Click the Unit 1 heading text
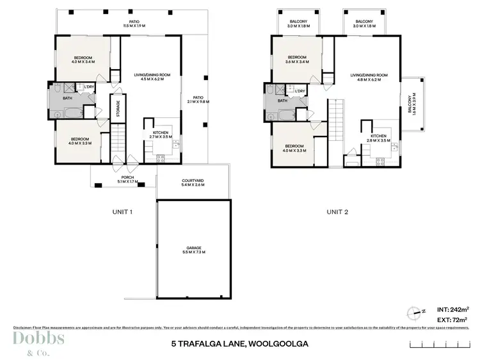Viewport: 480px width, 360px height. [122, 212]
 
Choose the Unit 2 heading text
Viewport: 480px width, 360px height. [338, 212]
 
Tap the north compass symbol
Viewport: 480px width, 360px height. [413, 313]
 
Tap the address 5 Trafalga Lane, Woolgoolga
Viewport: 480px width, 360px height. [240, 344]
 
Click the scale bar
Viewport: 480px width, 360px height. [442, 344]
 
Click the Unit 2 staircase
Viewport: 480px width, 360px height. [337, 122]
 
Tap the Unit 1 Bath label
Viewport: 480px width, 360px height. [66, 99]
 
